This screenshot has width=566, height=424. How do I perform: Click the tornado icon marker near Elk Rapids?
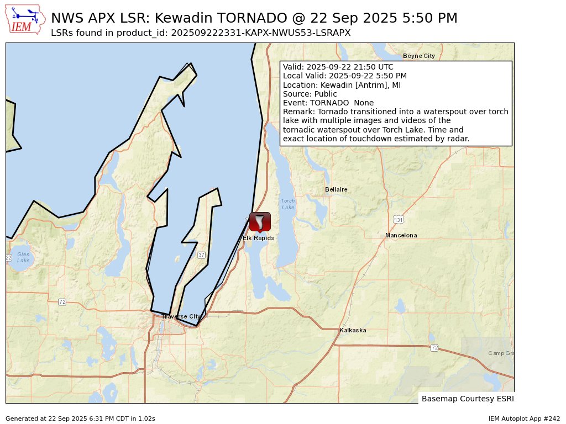tap(260, 221)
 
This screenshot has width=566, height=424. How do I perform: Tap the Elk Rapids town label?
tap(258, 239)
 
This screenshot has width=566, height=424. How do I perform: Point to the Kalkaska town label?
tap(353, 330)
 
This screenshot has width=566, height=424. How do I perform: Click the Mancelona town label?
tap(401, 235)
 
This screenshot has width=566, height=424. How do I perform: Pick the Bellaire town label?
tap(336, 189)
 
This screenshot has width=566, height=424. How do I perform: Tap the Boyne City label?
tap(418, 56)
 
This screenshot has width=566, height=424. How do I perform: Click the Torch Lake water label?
tap(288, 204)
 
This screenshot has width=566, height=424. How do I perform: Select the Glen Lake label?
tap(23, 257)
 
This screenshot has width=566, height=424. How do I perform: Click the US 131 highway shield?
tap(399, 220)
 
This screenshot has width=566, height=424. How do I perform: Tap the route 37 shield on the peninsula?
tap(201, 255)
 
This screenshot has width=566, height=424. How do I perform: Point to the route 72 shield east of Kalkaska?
tap(434, 348)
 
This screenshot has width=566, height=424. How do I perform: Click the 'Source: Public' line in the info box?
tap(310, 94)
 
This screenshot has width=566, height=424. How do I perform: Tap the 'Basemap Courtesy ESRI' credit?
tap(467, 398)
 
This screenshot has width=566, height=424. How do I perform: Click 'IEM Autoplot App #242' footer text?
tap(524, 418)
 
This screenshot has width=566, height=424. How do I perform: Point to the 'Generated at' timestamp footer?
tap(80, 418)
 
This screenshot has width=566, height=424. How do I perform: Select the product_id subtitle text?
tap(201, 33)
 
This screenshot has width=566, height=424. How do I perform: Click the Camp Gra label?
tap(500, 353)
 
